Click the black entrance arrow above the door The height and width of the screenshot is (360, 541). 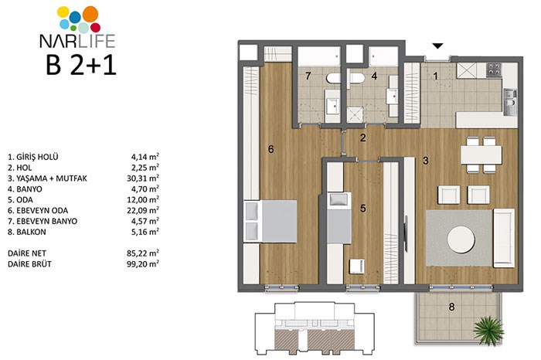click(438, 46)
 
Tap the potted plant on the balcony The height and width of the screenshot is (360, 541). click(488, 331)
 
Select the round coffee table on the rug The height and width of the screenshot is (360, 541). click(461, 239)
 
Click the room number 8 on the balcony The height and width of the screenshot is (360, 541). click(451, 307)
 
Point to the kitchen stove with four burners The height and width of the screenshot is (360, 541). click(493, 70)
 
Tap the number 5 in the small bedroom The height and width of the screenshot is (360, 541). click(362, 209)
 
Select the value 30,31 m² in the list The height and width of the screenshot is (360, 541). click(142, 178)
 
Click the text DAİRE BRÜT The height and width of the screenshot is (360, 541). click(29, 263)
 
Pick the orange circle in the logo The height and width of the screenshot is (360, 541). click(90, 14)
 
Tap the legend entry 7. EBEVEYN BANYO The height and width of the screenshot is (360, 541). click(43, 221)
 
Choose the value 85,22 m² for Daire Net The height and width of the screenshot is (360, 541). click(142, 253)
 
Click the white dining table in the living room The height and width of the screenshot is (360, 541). click(481, 155)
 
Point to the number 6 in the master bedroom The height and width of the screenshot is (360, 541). click(270, 149)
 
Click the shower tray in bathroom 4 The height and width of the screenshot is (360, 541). click(355, 115)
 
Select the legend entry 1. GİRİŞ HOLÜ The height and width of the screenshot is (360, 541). click(33, 157)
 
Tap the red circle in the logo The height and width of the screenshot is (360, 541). click(95, 28)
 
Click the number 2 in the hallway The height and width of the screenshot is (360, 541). click(362, 138)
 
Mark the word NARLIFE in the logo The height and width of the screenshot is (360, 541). click(77, 41)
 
